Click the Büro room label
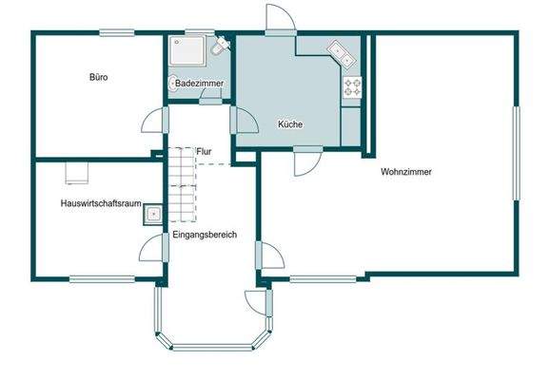[99, 77]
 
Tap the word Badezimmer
[199, 85]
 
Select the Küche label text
[289, 124]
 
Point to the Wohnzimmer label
[406, 173]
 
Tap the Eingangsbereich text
[205, 234]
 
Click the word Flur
[204, 151]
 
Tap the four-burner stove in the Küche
[352, 86]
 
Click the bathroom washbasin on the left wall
[173, 85]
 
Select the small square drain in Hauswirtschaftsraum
[151, 216]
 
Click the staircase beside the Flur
[181, 185]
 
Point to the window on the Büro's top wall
[116, 34]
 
